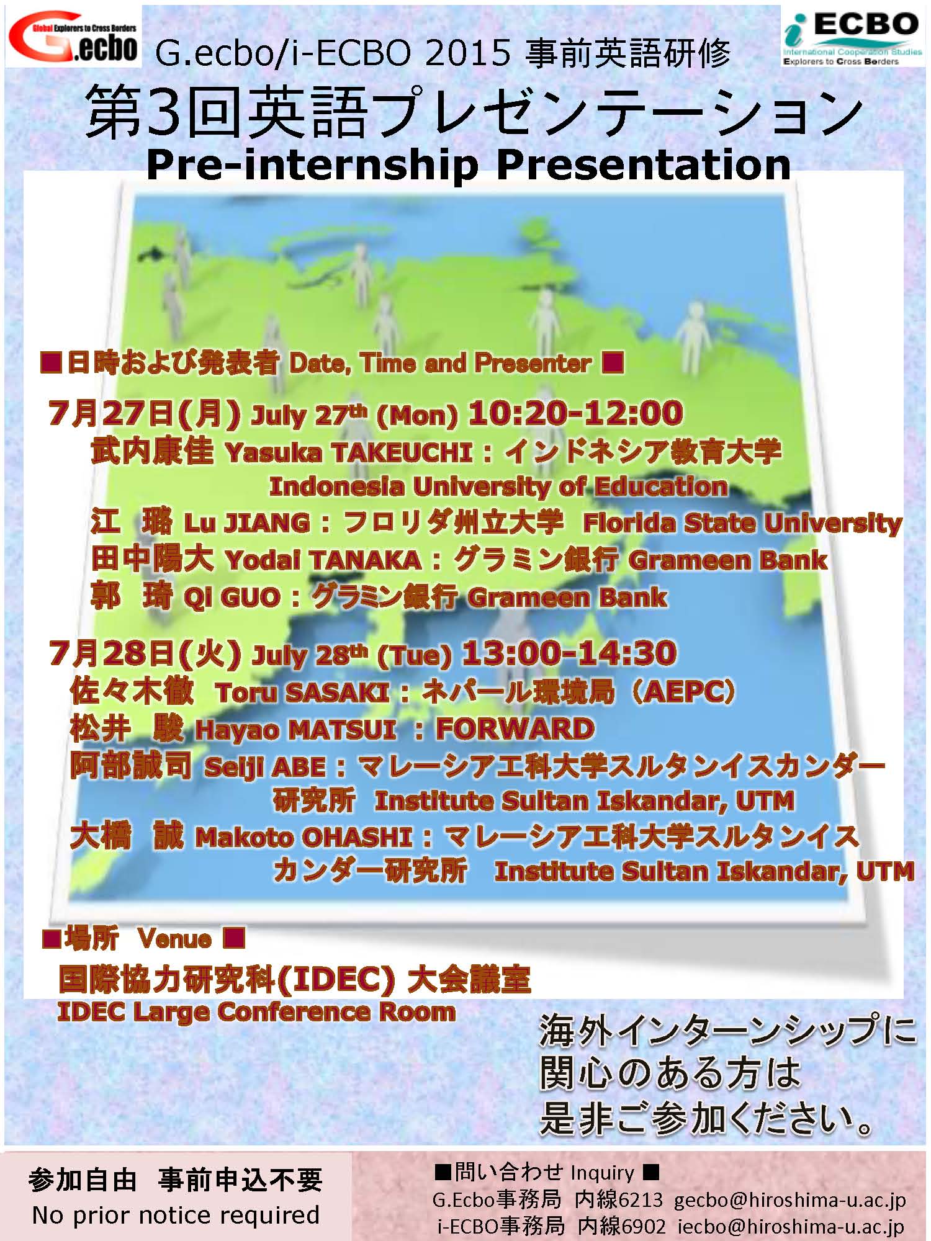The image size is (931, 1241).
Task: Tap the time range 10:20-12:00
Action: [x=575, y=413]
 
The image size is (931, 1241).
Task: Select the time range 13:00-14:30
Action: [x=569, y=653]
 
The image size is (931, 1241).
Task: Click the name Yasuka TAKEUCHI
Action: [x=349, y=453]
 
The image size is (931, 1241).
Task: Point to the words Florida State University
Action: [x=742, y=524]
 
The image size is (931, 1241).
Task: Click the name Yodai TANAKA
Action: [x=323, y=560]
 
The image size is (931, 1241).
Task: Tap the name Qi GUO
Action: [x=232, y=598]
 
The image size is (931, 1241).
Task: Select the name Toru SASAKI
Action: [x=303, y=692]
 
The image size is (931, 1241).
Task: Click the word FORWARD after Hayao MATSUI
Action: [x=515, y=729]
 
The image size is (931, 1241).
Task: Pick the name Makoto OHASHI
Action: [x=304, y=838]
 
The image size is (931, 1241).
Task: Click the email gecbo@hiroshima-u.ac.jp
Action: [x=790, y=1200]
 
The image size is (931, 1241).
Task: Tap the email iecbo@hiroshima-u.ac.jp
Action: [x=791, y=1227]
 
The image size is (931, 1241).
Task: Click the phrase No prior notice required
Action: [x=176, y=1214]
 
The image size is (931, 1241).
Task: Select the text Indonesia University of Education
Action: [x=498, y=487]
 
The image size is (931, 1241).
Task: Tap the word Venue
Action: [x=174, y=938]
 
